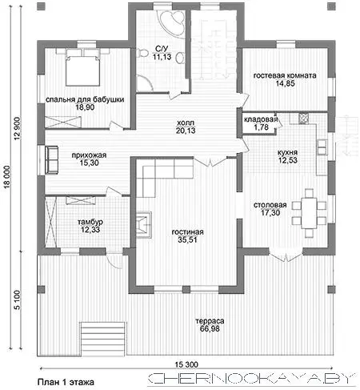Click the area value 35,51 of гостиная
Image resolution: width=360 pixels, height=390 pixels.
coord(187,239)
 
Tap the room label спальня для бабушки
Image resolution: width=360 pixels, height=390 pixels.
coord(85,99)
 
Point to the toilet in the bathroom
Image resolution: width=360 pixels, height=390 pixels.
coord(142,53)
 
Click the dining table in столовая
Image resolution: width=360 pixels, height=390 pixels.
coord(309,213)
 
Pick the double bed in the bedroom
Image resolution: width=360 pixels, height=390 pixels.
coord(82,67)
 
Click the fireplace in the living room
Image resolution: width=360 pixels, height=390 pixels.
coord(144,224)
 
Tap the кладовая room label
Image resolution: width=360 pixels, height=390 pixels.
coord(261,119)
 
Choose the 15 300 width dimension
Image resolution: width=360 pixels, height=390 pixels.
coord(186,364)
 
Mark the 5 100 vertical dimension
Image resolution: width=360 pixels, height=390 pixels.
coord(17,300)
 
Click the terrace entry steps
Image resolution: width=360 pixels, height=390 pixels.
coord(102,339)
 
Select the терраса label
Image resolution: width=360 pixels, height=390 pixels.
coord(210,321)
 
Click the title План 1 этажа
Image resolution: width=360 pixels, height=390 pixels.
coord(66,382)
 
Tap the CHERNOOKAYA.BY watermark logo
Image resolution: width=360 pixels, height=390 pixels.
coord(252,379)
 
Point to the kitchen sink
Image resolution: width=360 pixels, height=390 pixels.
coord(322,147)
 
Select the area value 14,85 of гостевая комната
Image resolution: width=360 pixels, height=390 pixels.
coord(285,83)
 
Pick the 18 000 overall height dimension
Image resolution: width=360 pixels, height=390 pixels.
coord(7,177)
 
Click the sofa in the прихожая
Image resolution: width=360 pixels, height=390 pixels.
coord(52,160)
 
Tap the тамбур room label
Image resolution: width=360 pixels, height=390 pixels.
coord(90,222)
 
